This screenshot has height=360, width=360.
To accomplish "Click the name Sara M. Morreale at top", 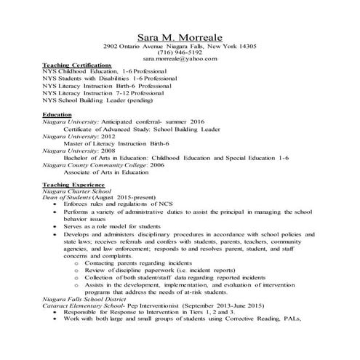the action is click(180, 36).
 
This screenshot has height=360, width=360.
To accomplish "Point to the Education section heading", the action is click(57, 115).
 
